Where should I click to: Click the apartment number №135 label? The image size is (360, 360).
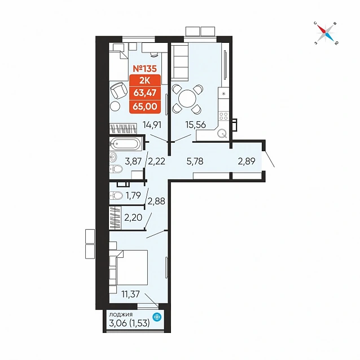point(145,69)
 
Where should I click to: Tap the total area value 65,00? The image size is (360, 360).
point(145,107)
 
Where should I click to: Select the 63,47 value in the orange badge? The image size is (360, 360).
point(145,93)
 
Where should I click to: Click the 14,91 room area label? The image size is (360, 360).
point(152,125)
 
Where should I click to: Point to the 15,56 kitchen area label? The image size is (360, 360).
point(196,125)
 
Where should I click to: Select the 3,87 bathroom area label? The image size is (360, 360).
point(133,161)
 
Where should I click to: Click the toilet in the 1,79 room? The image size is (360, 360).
point(116,196)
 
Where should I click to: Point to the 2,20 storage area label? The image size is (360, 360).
point(133,217)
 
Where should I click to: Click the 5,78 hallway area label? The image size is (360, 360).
point(195,161)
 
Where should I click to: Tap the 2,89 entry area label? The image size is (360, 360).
point(247,161)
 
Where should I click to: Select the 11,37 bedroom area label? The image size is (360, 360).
point(131,294)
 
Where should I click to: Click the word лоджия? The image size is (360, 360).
point(121,314)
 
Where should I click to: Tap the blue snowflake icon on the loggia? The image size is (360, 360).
point(157,317)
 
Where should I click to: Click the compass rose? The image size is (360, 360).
point(326,33)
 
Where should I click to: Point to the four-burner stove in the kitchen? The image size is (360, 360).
point(223,116)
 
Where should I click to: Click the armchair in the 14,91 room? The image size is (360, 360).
point(119,91)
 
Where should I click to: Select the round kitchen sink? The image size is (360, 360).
point(222,133)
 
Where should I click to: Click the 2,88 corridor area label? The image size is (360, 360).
point(156,201)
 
